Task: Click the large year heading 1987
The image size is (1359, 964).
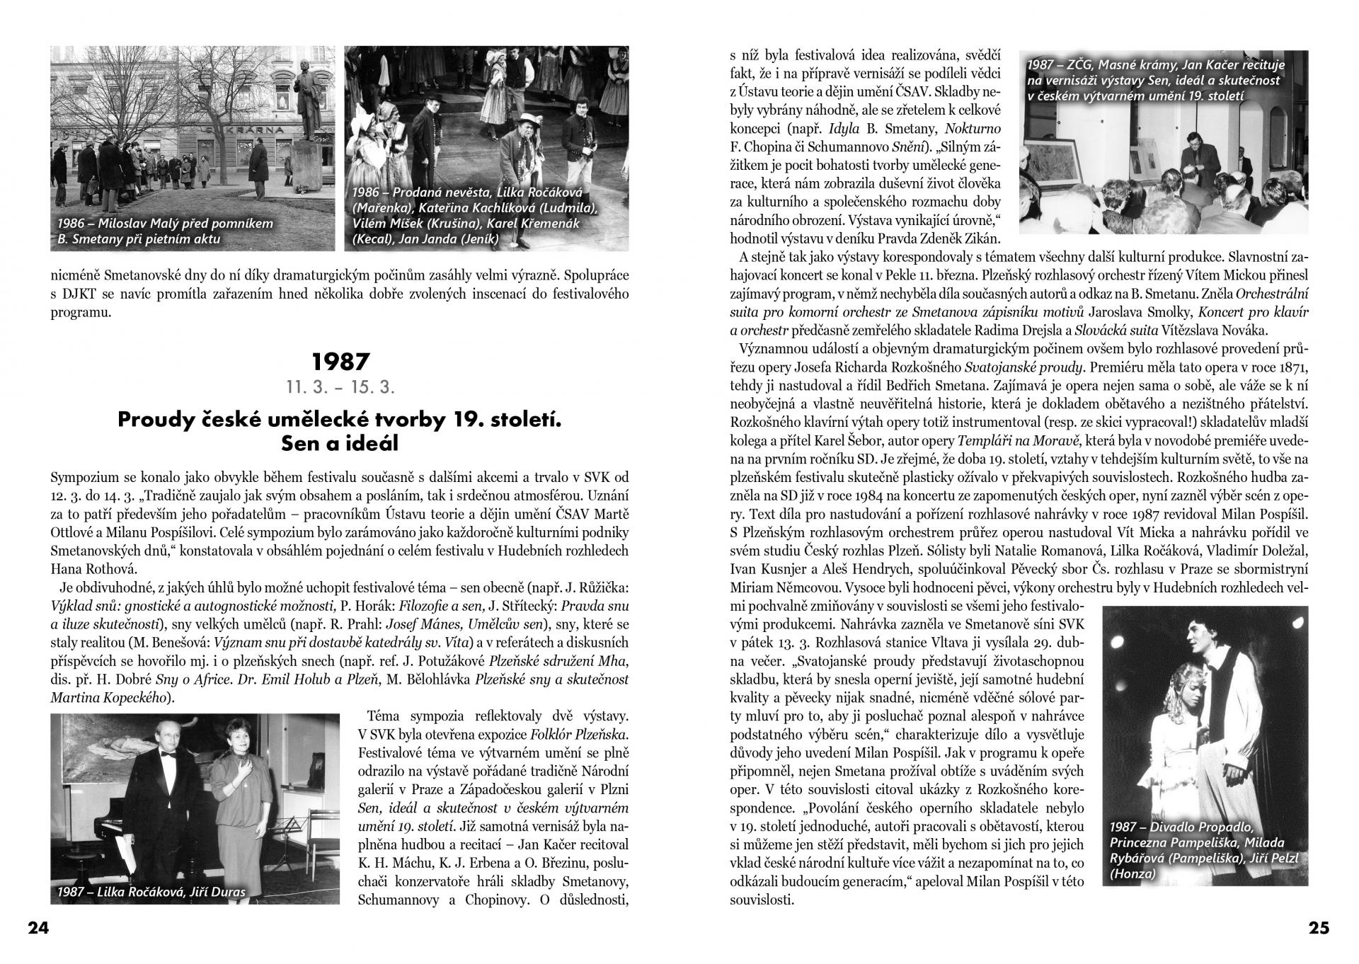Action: point(340,362)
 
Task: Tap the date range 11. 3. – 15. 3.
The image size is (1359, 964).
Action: point(340,388)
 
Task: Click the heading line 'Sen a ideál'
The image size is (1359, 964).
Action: point(340,443)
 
